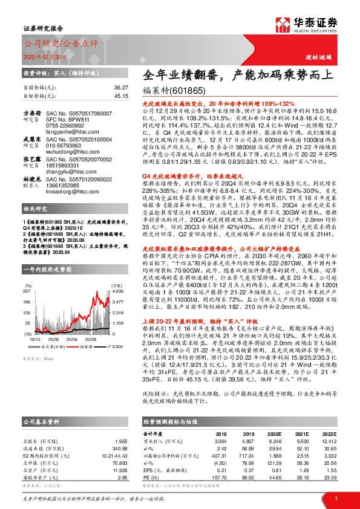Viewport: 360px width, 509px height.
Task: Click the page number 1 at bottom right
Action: pos(335,497)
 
